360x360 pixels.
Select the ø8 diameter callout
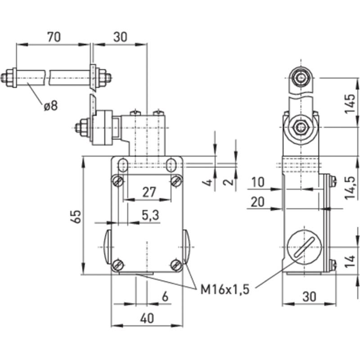pos(50,106)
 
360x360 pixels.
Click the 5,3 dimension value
pos(150,216)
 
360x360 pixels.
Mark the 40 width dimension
pos(147,318)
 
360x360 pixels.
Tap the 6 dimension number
pos(165,297)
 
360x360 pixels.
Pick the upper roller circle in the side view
pos(300,79)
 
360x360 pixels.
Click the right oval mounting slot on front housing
pos(171,164)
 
